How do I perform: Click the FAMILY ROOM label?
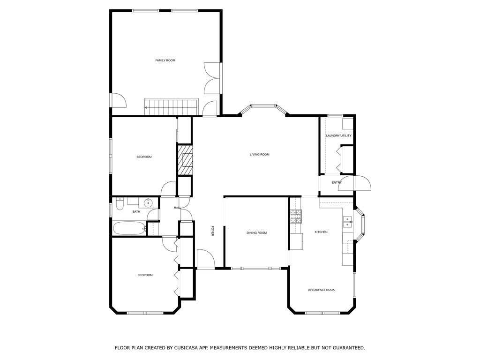(165, 60)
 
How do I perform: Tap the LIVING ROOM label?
(259, 155)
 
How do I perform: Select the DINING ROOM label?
(256, 233)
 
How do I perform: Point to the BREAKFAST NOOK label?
(321, 290)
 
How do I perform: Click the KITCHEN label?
(321, 232)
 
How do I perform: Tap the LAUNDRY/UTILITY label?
(338, 136)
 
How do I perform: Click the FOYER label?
(212, 231)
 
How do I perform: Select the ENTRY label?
(337, 182)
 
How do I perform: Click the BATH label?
(136, 212)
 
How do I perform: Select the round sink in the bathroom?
(148, 202)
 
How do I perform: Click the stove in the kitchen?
(297, 216)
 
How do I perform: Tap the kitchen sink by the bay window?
(347, 222)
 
